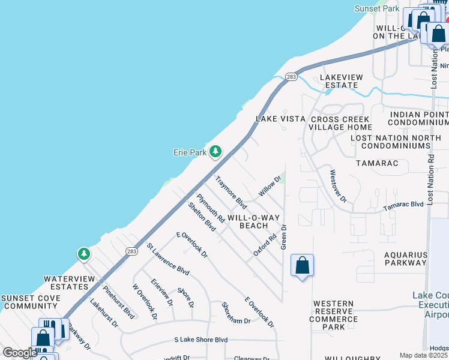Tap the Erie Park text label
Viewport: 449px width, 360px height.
pos(190,153)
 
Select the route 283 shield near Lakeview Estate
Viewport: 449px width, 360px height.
pos(291,77)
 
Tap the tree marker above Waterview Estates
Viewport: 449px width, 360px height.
pos(84,254)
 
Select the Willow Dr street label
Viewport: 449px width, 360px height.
pos(270,185)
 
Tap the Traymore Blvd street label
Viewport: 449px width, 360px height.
pos(232,191)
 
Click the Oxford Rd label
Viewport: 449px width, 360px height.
pos(265,245)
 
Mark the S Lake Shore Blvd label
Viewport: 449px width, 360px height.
pos(200,340)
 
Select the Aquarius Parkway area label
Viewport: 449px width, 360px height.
pos(406,259)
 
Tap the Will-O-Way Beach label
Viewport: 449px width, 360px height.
pos(262,221)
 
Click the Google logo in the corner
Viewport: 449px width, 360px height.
pos(20,353)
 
